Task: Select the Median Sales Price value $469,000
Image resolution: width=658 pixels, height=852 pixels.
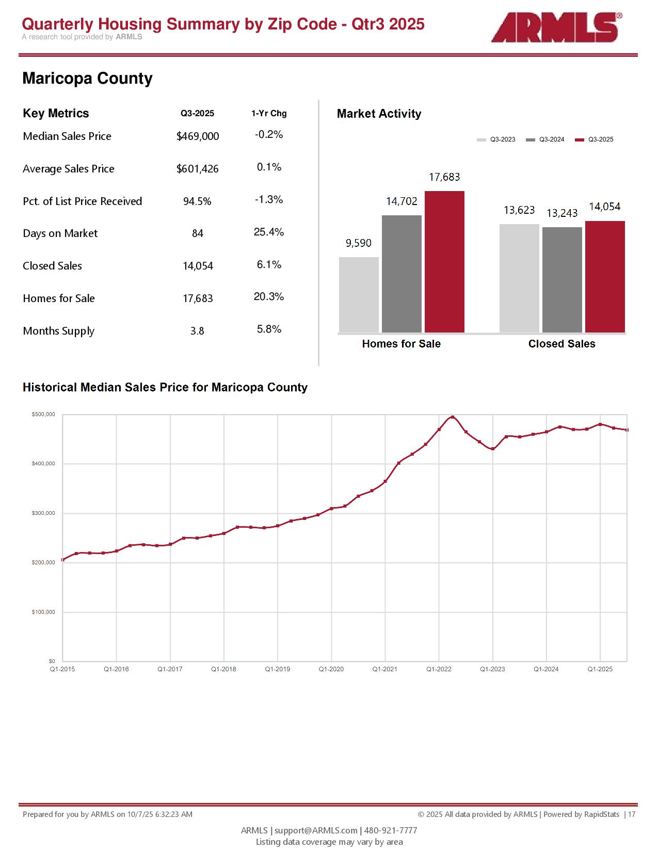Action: click(198, 136)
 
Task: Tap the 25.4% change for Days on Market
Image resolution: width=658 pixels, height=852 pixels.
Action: click(269, 232)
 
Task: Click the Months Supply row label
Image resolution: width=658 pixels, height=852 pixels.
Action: click(59, 331)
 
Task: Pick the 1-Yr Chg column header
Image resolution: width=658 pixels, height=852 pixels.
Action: click(269, 114)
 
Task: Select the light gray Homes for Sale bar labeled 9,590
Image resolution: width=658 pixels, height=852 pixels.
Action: click(359, 294)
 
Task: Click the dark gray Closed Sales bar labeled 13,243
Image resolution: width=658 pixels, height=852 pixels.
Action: click(562, 279)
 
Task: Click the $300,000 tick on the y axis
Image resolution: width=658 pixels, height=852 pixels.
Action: click(43, 513)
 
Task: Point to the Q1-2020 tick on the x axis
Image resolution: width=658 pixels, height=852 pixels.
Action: click(331, 669)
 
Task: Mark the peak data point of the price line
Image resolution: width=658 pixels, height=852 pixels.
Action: click(453, 417)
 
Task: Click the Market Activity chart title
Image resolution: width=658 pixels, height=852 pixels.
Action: click(379, 114)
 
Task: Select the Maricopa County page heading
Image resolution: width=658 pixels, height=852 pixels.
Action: click(87, 78)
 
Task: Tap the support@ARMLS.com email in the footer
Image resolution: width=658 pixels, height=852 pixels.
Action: click(316, 830)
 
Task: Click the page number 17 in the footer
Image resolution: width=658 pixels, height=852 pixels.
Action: click(632, 814)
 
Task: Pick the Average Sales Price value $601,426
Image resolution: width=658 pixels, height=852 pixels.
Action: click(198, 169)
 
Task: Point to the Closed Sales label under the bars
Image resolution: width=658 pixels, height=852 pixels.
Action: click(561, 344)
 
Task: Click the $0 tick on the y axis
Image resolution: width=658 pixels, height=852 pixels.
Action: click(52, 661)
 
